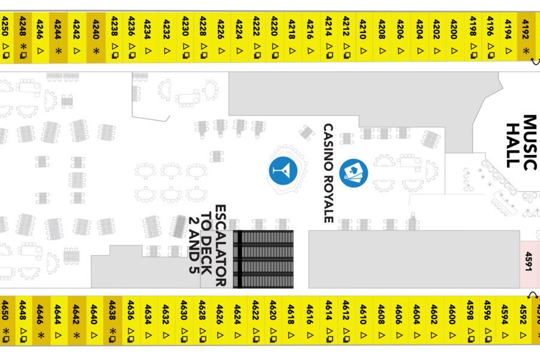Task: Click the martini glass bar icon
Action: [x=283, y=171]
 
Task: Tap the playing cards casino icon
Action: [x=353, y=173]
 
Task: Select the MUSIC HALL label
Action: [x=521, y=142]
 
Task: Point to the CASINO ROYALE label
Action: [x=329, y=173]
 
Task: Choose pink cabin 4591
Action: [x=529, y=264]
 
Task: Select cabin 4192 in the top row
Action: [x=526, y=37]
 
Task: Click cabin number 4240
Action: [x=96, y=38]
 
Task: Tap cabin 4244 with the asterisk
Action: [x=58, y=38]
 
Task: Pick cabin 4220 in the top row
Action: [x=275, y=38]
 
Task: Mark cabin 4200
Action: [x=454, y=37]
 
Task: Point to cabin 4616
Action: [x=310, y=320]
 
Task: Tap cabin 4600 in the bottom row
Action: [x=452, y=320]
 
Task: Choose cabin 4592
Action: [x=523, y=320]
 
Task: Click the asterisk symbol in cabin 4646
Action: [x=41, y=335]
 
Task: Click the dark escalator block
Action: [x=263, y=259]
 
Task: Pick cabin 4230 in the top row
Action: [x=185, y=38]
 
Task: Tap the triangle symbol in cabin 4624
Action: [x=238, y=335]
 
